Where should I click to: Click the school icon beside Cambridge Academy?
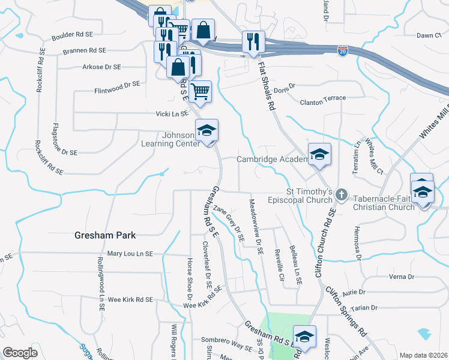[319, 155]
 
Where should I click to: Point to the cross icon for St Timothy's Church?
[341, 194]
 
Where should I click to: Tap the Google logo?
[20, 353]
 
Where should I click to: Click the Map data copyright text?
[423, 355]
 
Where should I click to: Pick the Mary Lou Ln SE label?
[131, 254]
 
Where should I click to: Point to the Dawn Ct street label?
[429, 35]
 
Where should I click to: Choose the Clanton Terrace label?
[323, 98]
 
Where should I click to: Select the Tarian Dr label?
[364, 308]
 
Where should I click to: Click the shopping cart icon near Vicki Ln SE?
[200, 92]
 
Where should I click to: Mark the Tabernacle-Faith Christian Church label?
[384, 203]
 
